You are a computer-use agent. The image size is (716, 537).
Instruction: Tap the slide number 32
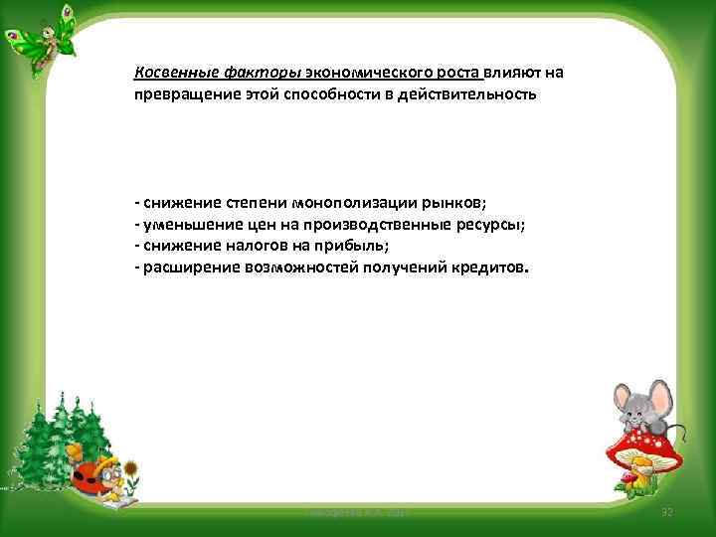pos(667,512)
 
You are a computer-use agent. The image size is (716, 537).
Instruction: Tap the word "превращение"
pos(180,94)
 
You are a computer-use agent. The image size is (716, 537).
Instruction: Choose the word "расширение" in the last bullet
pos(189,268)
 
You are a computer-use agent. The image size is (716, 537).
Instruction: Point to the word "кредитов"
pos(489,268)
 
